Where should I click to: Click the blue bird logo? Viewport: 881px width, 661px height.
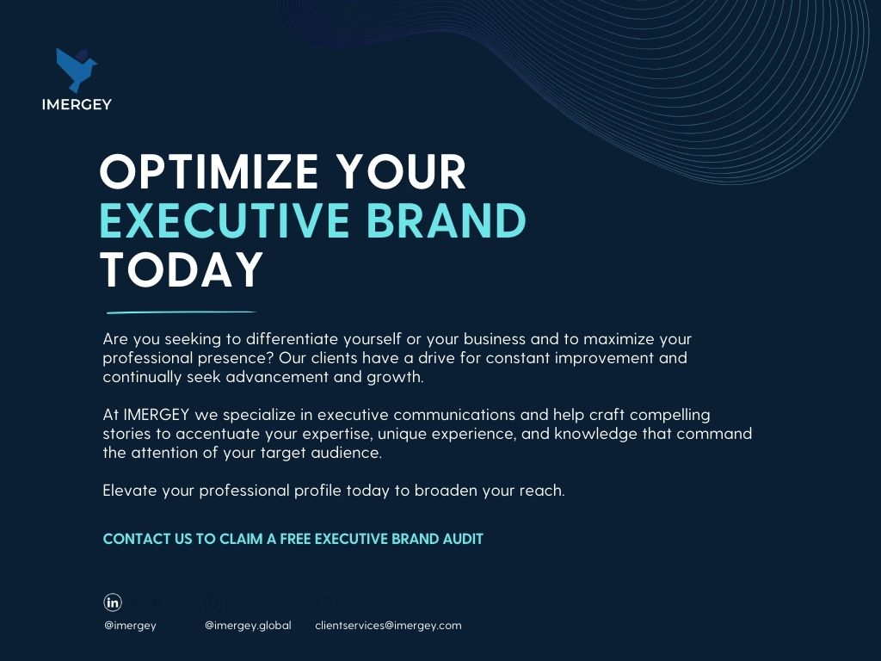click(76, 70)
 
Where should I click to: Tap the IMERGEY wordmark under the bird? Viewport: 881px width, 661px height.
click(77, 104)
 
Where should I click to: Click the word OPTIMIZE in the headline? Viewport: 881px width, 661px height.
click(209, 171)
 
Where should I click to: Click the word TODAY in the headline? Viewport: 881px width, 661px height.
click(181, 269)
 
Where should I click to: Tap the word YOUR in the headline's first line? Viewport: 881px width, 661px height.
click(401, 171)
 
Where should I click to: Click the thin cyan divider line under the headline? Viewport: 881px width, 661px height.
click(182, 312)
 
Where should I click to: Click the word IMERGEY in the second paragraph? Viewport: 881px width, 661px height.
click(157, 415)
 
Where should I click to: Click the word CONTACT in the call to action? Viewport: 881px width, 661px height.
click(137, 539)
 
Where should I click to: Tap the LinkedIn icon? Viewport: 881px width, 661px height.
click(113, 602)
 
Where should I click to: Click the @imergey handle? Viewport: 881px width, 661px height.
click(131, 626)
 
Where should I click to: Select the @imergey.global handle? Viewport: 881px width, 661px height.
click(248, 626)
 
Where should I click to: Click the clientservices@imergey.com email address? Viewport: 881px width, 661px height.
click(388, 626)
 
